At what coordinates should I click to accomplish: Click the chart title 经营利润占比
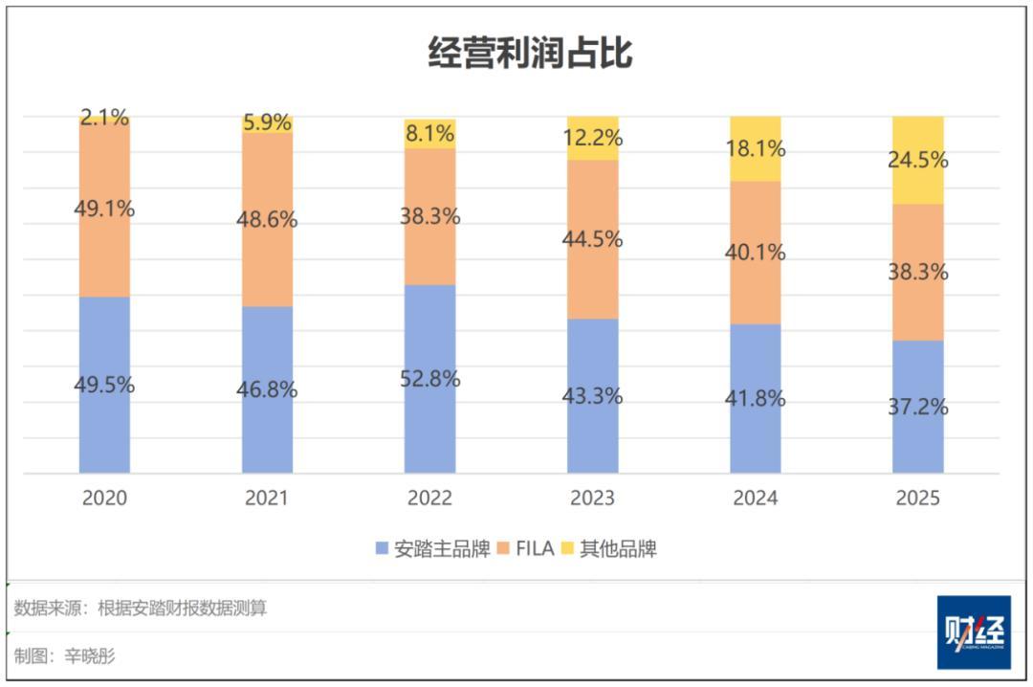tap(529, 54)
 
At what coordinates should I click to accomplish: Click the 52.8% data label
tap(429, 379)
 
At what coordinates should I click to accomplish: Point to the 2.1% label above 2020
tap(104, 118)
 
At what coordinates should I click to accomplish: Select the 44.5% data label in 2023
tap(592, 239)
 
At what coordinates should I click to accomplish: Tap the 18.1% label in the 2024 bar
tap(755, 149)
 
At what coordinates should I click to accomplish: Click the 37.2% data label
tap(917, 407)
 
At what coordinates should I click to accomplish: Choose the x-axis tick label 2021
tap(267, 499)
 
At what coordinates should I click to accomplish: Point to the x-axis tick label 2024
tap(755, 499)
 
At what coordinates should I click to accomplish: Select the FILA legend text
tap(535, 549)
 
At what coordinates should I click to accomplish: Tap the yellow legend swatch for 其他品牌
tap(567, 549)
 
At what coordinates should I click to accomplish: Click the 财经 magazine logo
tap(973, 632)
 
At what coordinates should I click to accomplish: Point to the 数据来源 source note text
tap(141, 609)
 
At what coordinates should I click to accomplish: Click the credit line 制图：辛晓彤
tap(65, 656)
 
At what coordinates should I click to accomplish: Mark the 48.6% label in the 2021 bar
tap(267, 219)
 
